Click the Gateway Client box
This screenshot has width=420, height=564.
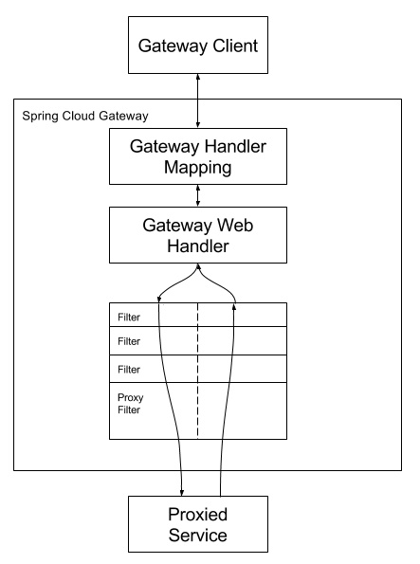[x=197, y=45]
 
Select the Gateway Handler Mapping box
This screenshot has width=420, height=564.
[x=197, y=156]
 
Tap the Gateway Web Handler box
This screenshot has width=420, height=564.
[x=197, y=235]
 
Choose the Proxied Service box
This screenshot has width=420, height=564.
[x=197, y=524]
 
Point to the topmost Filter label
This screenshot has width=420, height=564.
[x=129, y=315]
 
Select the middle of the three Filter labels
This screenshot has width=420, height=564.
[x=129, y=340]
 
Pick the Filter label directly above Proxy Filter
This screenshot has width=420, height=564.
[x=129, y=369]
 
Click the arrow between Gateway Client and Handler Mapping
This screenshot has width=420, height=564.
[x=197, y=100]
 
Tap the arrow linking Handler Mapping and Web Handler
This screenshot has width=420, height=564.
[x=197, y=195]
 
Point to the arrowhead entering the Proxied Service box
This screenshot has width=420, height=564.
[x=181, y=492]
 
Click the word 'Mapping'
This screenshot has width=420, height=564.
[x=197, y=168]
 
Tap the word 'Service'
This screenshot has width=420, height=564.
[x=197, y=536]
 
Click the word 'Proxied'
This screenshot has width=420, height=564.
[x=197, y=514]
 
